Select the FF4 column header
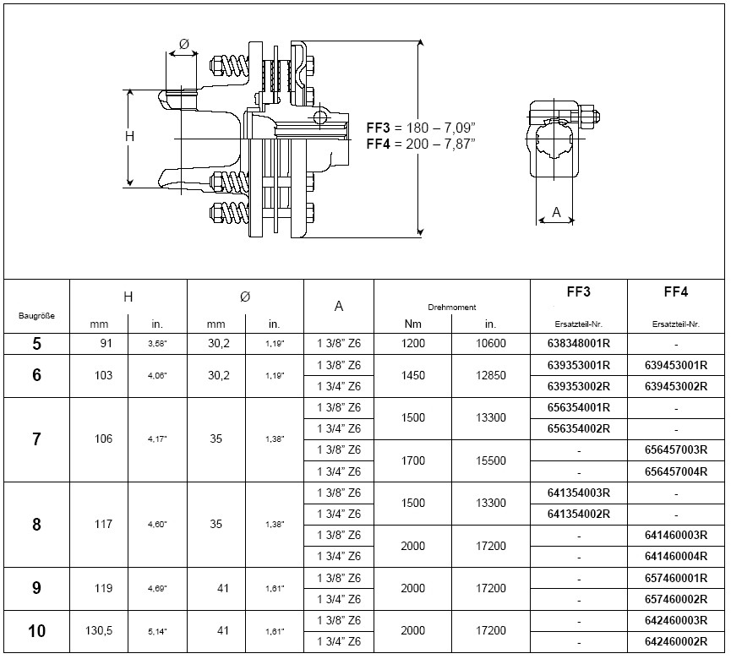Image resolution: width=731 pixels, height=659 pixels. click(675, 292)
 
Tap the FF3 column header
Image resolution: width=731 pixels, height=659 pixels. click(578, 292)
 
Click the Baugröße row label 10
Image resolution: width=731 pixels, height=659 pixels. click(36, 631)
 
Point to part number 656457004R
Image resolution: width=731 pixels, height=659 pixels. click(675, 471)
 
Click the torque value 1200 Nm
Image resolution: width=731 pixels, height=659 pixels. click(412, 344)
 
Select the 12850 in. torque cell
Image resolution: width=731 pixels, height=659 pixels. click(491, 375)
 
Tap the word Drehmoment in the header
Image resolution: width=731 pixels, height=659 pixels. click(452, 308)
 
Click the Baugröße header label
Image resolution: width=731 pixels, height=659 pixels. click(36, 316)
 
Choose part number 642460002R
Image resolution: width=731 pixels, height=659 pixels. click(675, 642)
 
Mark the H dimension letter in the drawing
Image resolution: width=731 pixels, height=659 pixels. click(129, 136)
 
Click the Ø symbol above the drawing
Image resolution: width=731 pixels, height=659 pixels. click(184, 44)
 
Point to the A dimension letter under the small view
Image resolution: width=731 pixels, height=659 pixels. click(556, 213)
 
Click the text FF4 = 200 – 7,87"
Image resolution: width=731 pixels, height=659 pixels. click(421, 144)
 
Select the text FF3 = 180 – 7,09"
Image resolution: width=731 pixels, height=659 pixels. click(421, 128)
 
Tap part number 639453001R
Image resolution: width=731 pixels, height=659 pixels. click(675, 365)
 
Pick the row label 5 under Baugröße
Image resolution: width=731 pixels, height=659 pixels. click(36, 344)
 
